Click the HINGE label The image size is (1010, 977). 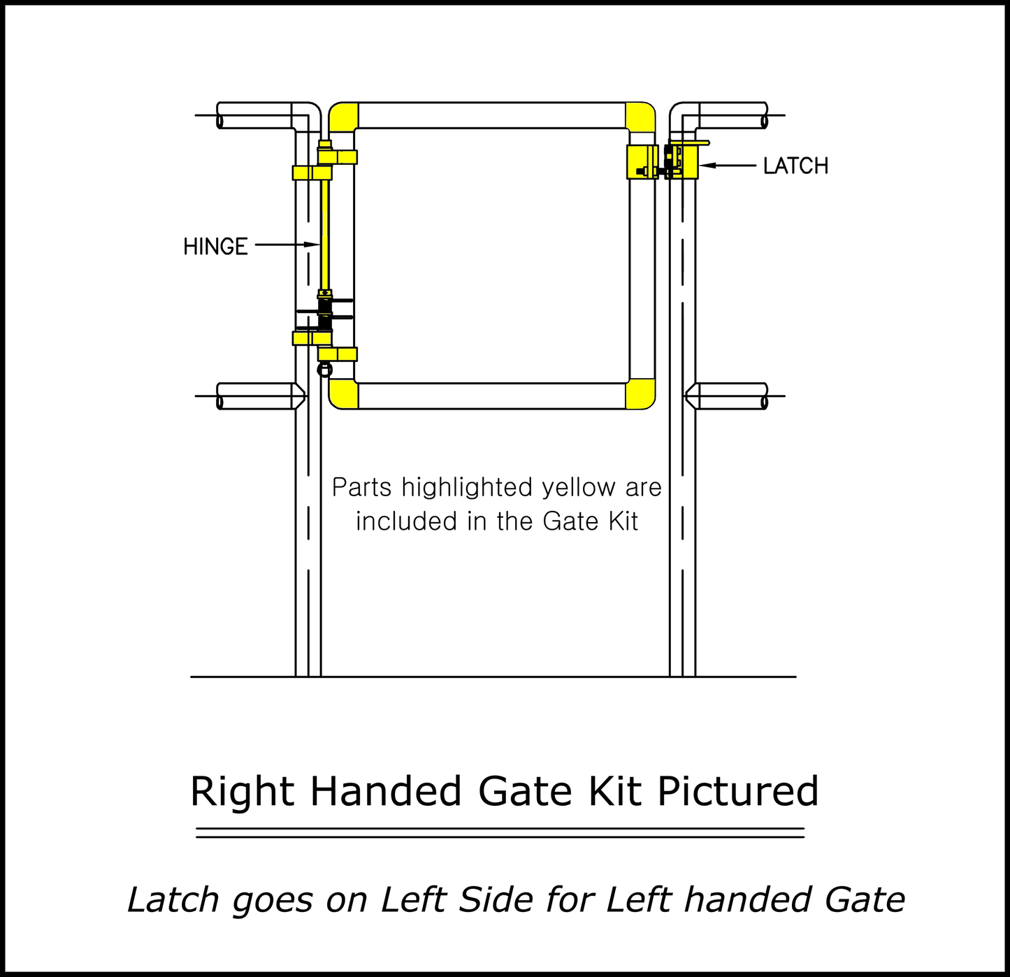pyautogui.click(x=215, y=246)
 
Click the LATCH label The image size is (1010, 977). pyautogui.click(x=795, y=166)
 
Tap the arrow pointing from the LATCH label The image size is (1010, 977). pyautogui.click(x=728, y=166)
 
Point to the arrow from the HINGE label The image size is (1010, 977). pyautogui.click(x=287, y=245)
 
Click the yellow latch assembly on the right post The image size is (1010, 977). pyautogui.click(x=681, y=161)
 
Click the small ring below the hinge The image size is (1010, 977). pyautogui.click(x=325, y=370)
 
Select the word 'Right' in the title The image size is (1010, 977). pyautogui.click(x=242, y=792)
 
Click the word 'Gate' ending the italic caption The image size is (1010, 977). pyautogui.click(x=865, y=899)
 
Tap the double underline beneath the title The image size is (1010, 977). pyautogui.click(x=500, y=832)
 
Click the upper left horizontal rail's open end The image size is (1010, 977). pyautogui.click(x=220, y=122)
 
